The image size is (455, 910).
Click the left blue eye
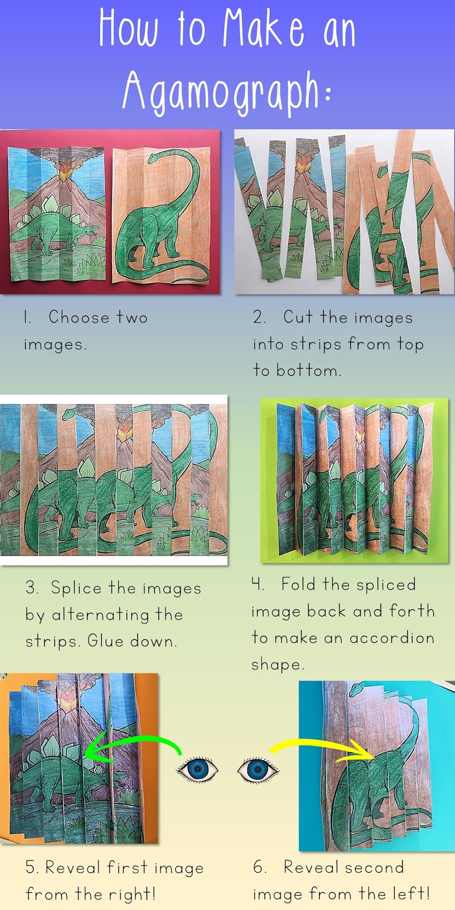197,769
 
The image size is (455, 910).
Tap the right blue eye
258,769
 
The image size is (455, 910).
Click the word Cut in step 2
298,317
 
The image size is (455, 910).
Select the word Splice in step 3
76,589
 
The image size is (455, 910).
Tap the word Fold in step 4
298,584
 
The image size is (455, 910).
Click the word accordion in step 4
392,638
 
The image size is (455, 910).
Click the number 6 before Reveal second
258,867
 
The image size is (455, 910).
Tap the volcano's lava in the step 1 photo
64,173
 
